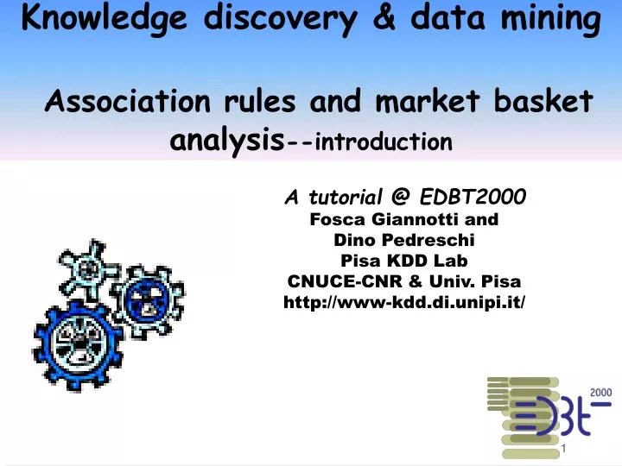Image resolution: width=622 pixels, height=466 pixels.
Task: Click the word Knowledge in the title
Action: click(x=96, y=18)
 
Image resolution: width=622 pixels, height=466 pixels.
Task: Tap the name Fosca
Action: click(x=340, y=219)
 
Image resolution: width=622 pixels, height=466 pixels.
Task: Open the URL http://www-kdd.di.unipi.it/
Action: click(x=404, y=302)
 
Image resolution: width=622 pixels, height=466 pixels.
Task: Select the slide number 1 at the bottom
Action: click(x=563, y=450)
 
